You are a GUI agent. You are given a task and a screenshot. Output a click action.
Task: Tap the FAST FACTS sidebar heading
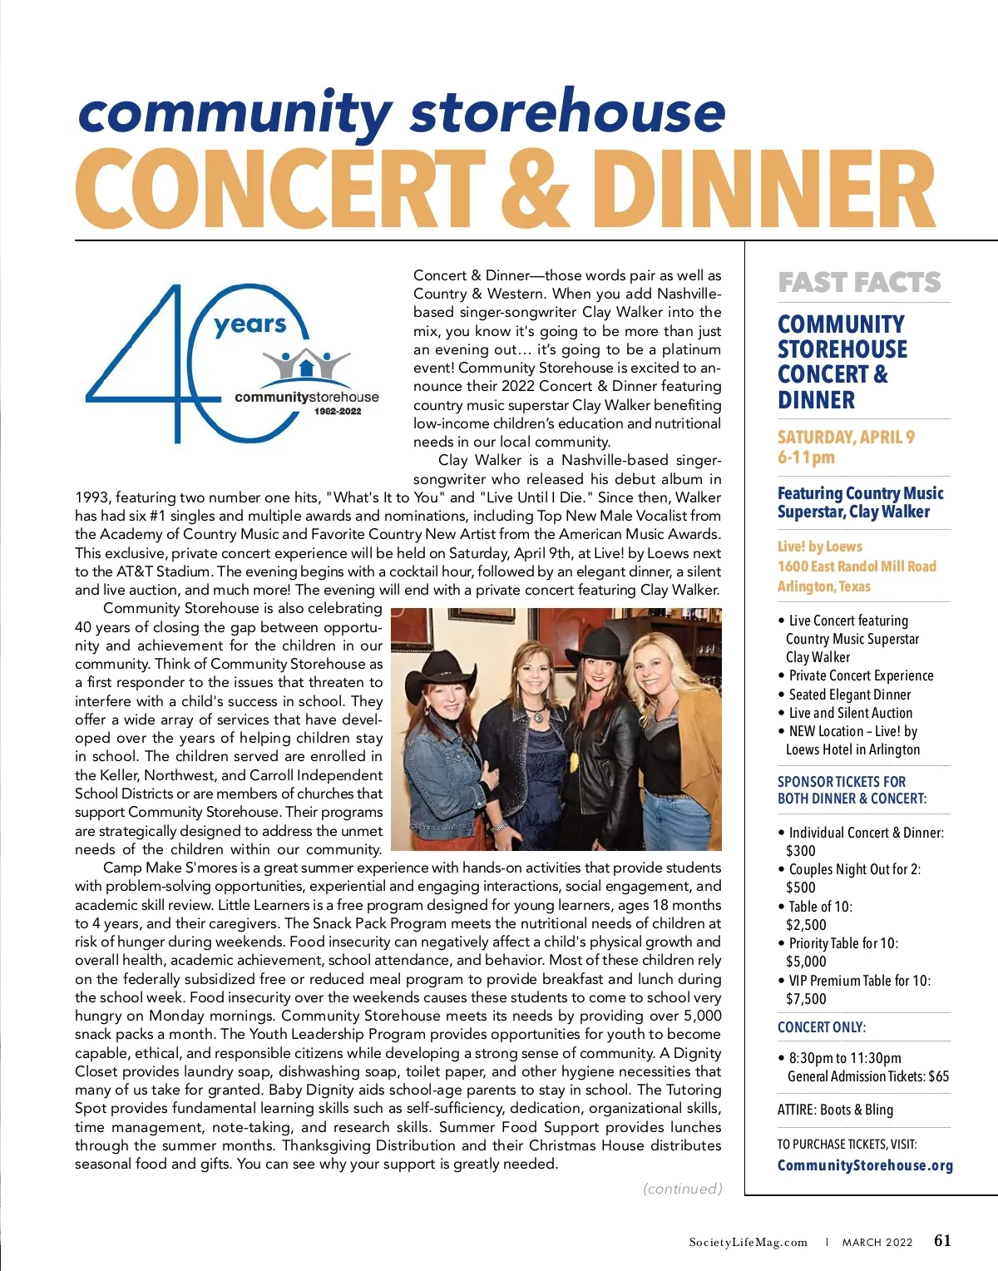pyautogui.click(x=859, y=283)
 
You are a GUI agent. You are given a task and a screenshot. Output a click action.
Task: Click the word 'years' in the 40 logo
pyautogui.click(x=249, y=324)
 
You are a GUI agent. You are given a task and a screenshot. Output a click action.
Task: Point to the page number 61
pyautogui.click(x=942, y=1240)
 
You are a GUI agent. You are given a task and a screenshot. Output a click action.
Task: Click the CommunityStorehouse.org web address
pyautogui.click(x=865, y=1165)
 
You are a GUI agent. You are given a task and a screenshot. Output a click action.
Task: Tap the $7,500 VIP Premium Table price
pyautogui.click(x=806, y=999)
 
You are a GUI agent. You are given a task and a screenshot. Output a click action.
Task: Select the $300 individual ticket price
pyautogui.click(x=801, y=850)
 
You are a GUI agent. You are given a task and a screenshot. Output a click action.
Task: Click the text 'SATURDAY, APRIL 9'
pyautogui.click(x=846, y=438)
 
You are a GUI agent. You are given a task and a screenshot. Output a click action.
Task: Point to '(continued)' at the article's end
pyautogui.click(x=682, y=1189)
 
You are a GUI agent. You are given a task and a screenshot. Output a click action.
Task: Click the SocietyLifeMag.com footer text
pyautogui.click(x=748, y=1242)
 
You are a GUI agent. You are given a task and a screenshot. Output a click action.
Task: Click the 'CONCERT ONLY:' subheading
pyautogui.click(x=822, y=1027)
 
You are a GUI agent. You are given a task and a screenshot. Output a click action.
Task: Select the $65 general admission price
pyautogui.click(x=938, y=1076)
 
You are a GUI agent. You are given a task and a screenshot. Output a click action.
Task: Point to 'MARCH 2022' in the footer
pyautogui.click(x=877, y=1242)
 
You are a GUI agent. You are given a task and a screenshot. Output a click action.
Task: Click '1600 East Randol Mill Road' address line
pyautogui.click(x=857, y=566)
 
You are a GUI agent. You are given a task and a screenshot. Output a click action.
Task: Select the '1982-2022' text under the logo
pyautogui.click(x=338, y=411)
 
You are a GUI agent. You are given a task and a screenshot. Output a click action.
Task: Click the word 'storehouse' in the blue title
pyautogui.click(x=567, y=112)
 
